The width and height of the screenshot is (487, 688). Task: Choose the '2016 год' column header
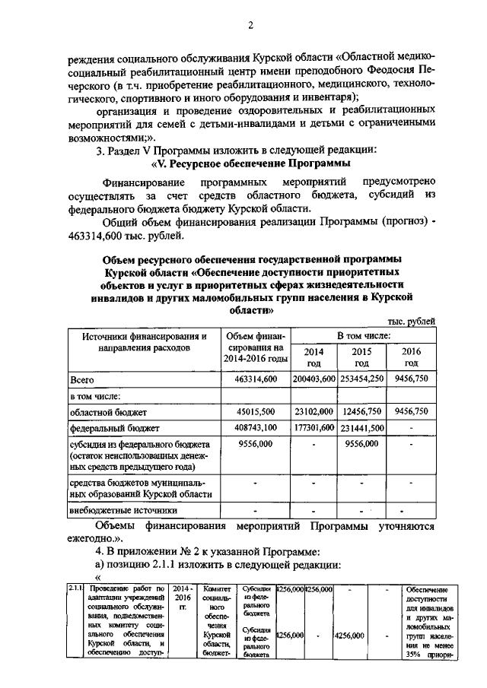pos(411,357)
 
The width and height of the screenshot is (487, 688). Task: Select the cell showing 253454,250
pos(361,378)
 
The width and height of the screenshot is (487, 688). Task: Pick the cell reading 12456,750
pos(361,411)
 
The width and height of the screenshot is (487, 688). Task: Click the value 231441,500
pos(361,428)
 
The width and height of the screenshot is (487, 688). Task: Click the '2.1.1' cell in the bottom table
pos(75,588)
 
